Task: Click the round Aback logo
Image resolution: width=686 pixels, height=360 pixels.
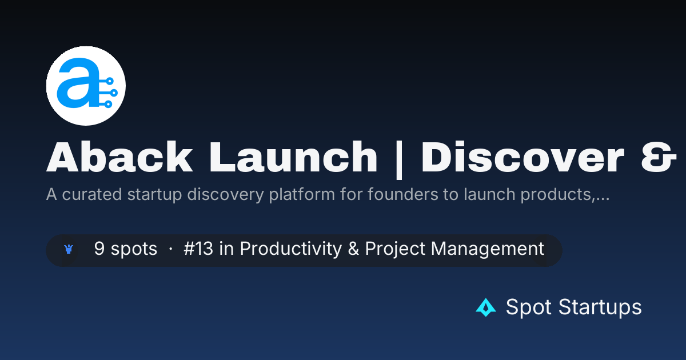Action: click(86, 86)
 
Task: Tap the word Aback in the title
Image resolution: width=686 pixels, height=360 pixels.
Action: click(119, 157)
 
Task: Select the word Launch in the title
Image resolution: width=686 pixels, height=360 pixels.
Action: click(293, 157)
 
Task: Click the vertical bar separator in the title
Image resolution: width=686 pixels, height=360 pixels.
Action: click(399, 159)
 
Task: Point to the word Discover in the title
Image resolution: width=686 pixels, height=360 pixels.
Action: click(523, 157)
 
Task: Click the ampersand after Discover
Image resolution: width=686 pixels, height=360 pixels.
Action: click(659, 157)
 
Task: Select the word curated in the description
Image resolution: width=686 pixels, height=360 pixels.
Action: click(92, 195)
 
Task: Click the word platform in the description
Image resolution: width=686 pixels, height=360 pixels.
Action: click(302, 195)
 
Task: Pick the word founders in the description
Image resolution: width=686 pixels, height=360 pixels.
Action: click(402, 194)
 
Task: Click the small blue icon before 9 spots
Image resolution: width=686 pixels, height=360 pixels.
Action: click(69, 249)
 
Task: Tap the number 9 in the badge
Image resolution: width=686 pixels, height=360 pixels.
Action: click(99, 248)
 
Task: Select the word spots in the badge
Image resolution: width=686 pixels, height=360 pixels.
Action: click(134, 249)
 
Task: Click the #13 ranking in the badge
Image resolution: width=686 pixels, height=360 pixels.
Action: click(198, 248)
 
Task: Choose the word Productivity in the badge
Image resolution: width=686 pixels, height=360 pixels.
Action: click(290, 249)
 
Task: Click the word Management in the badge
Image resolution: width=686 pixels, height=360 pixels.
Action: click(487, 249)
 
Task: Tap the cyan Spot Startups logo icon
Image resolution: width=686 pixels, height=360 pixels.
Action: click(486, 307)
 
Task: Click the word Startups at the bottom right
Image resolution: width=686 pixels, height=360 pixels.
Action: click(600, 307)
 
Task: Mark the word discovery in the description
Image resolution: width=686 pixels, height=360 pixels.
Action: click(225, 195)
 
